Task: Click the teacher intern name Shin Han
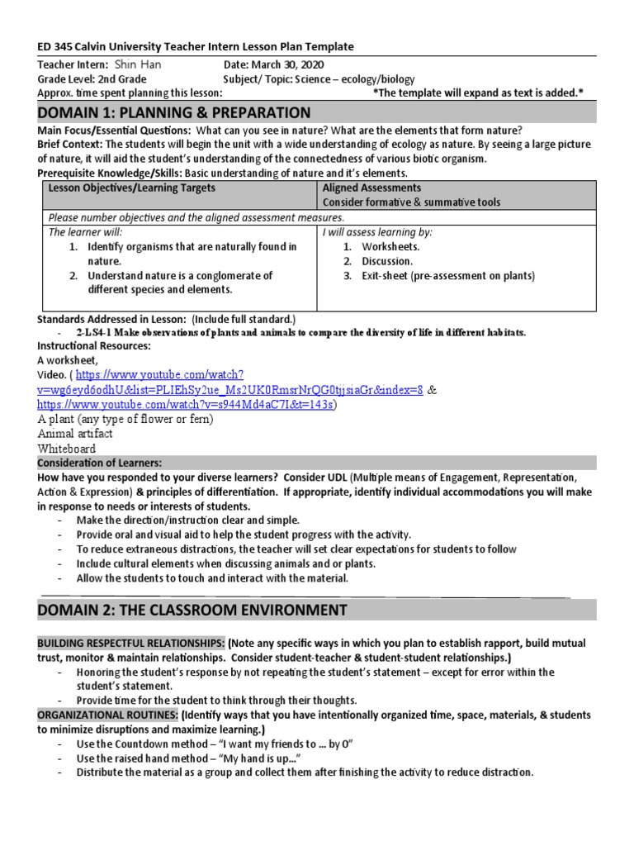[139, 64]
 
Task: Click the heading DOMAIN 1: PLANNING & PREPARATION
[174, 112]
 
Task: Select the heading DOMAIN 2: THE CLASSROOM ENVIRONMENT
[192, 610]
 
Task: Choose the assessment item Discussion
[388, 261]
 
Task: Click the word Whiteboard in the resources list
[67, 449]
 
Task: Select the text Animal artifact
[75, 434]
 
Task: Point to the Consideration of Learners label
[100, 463]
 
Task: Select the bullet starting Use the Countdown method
[215, 744]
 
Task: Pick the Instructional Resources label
[94, 345]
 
